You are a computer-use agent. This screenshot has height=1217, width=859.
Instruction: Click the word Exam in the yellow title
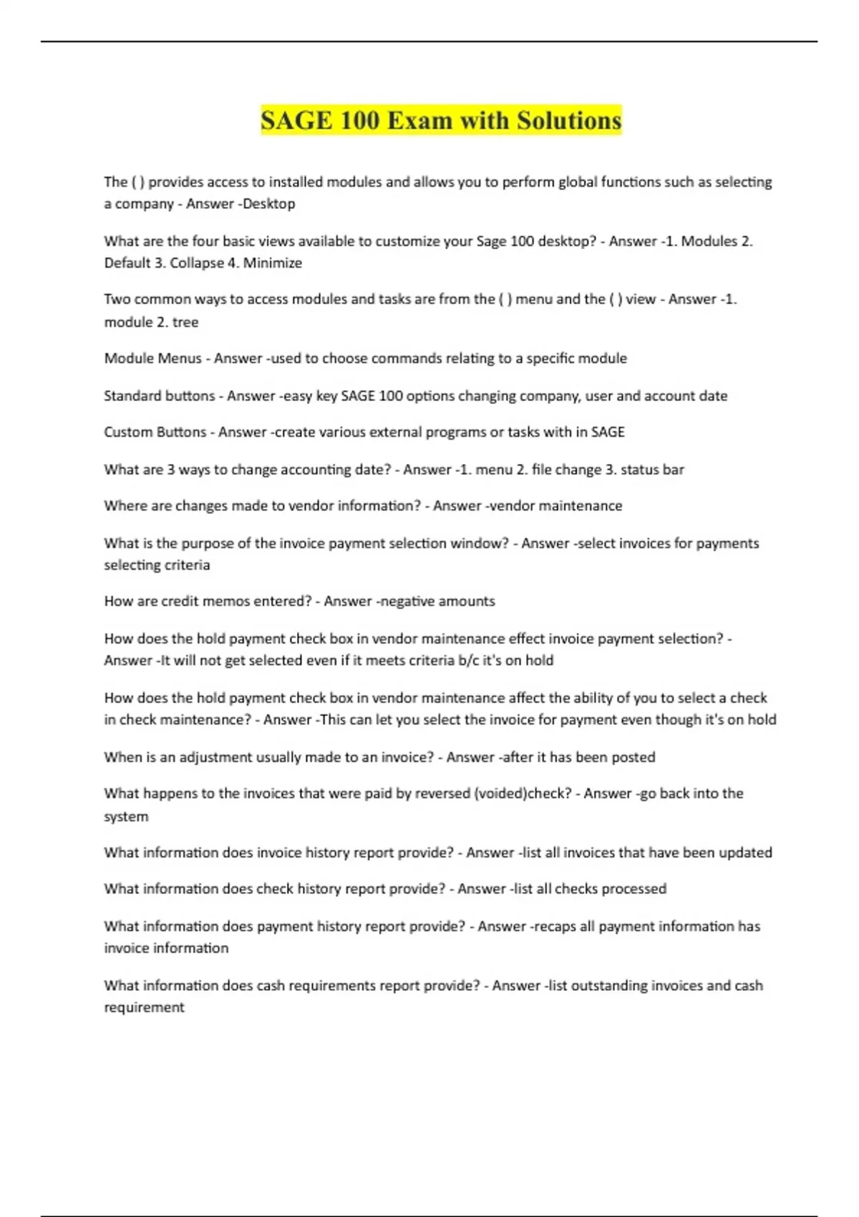[x=419, y=120]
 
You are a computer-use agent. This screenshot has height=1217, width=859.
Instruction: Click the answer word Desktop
[x=269, y=204]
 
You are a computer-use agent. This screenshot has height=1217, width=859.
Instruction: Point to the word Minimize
[x=273, y=263]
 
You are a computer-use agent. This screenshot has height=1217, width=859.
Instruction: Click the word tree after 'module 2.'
[x=185, y=322]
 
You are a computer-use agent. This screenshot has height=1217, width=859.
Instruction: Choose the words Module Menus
[x=152, y=358]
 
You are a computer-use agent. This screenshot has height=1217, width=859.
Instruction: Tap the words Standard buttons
[x=159, y=396]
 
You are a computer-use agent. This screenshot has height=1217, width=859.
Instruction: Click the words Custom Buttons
[x=155, y=432]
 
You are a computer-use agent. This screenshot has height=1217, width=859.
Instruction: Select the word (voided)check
[x=523, y=793]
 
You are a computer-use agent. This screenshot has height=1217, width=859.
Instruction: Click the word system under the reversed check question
[x=126, y=816]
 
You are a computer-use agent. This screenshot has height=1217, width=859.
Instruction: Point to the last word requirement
[x=144, y=1007]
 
